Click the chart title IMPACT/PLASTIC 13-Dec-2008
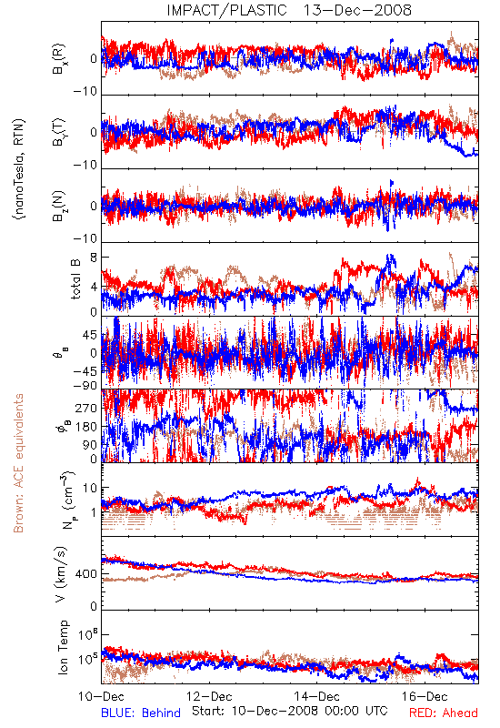(x=289, y=10)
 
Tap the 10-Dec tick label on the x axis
(x=101, y=696)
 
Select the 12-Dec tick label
(x=209, y=696)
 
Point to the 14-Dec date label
(x=316, y=696)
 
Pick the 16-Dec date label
(x=425, y=696)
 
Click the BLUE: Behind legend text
(x=141, y=713)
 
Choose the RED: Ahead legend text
(x=444, y=713)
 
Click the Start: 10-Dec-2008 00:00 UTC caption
(x=290, y=711)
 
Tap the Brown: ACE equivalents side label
(x=18, y=463)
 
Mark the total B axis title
(x=75, y=279)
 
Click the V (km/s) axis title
(x=61, y=575)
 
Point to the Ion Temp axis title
(x=63, y=647)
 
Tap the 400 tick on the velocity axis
(x=86, y=574)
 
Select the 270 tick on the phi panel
(x=86, y=408)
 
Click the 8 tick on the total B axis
(x=95, y=258)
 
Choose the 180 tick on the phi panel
(x=86, y=427)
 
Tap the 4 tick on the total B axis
(x=95, y=287)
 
